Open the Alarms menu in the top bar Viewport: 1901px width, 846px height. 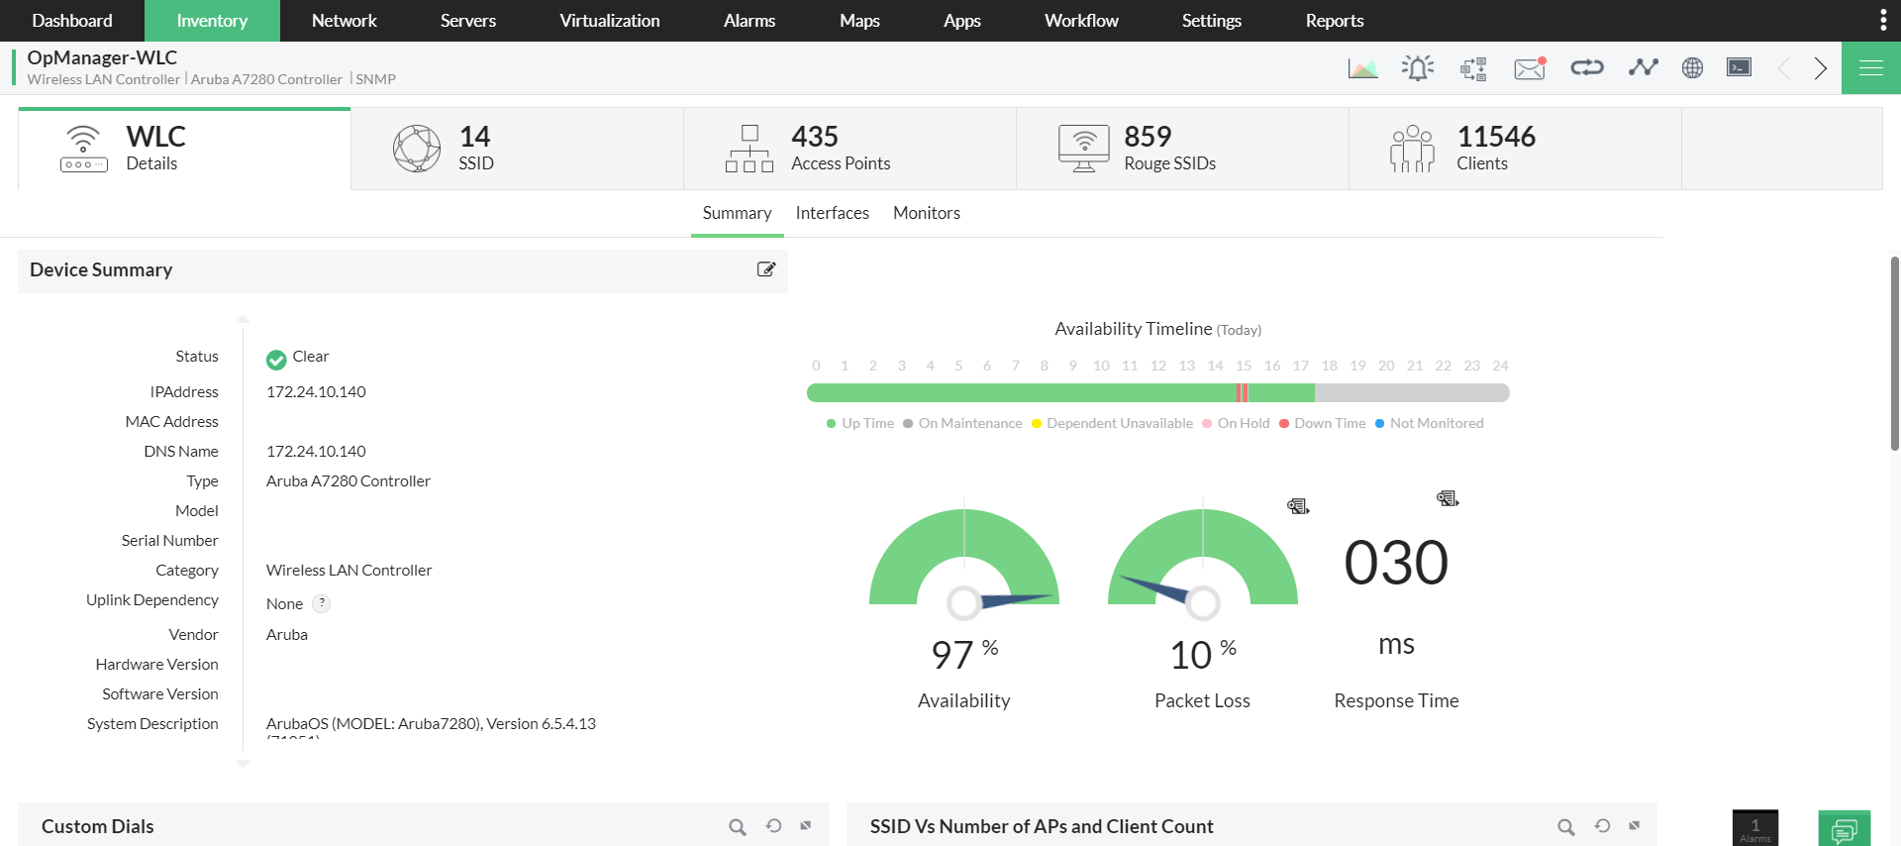click(749, 21)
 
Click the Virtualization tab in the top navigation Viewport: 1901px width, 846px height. click(609, 21)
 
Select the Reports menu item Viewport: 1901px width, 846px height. click(1334, 21)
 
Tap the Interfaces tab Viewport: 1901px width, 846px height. click(832, 213)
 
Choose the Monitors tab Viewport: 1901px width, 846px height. click(926, 213)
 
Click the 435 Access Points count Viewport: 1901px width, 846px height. click(815, 137)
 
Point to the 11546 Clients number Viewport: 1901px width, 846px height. click(1495, 137)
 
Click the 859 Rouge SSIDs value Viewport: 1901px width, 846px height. click(1148, 137)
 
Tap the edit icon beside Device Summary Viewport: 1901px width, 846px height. click(765, 269)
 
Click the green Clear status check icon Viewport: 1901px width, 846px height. click(276, 359)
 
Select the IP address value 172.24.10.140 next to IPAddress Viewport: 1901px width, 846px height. click(316, 392)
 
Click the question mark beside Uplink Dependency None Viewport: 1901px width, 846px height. click(322, 603)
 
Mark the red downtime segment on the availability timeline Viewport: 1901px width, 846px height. click(1243, 393)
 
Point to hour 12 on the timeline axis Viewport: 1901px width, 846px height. click(1157, 366)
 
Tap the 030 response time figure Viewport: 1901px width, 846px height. click(1395, 563)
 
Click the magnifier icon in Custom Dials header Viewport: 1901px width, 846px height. click(737, 826)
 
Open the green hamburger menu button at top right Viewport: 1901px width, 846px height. click(1870, 67)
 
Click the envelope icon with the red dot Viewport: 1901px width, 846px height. click(1529, 68)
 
